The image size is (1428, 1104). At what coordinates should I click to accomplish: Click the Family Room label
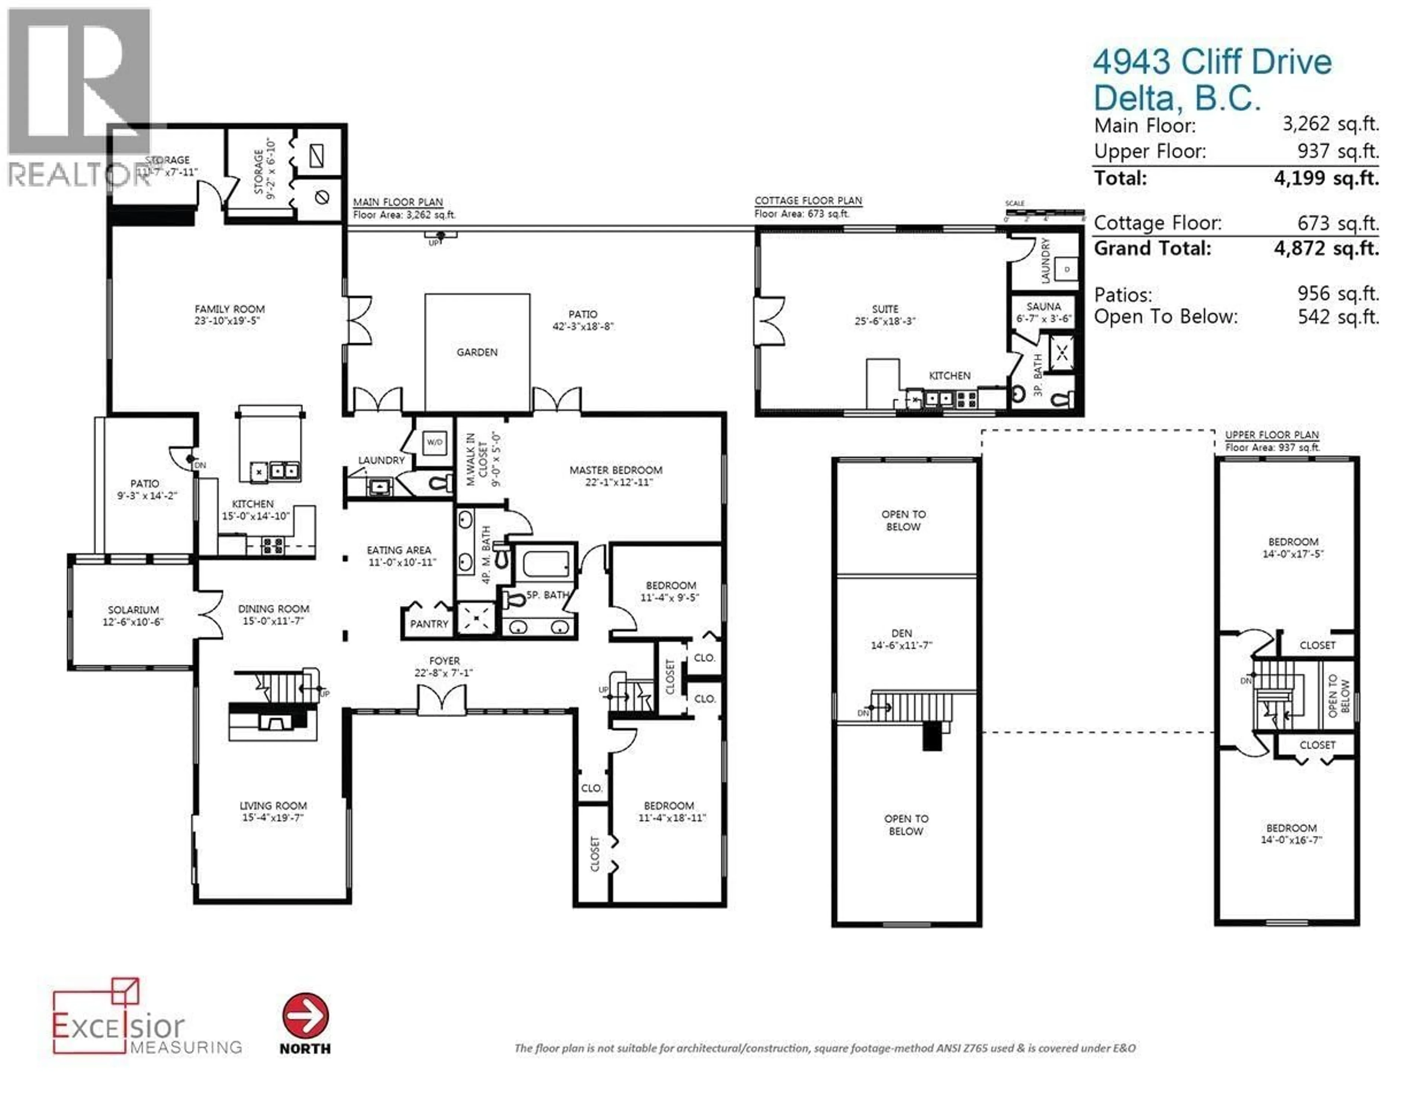click(229, 309)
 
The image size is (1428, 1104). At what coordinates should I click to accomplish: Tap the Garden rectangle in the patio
click(477, 352)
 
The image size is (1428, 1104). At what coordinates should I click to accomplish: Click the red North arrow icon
click(305, 1016)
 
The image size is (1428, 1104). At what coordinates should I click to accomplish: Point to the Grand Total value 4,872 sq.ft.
click(1326, 248)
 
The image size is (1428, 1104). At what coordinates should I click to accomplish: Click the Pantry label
click(429, 624)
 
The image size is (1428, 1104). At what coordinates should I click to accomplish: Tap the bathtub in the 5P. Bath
click(545, 564)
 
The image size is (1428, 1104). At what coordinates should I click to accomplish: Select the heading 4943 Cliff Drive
click(1212, 62)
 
